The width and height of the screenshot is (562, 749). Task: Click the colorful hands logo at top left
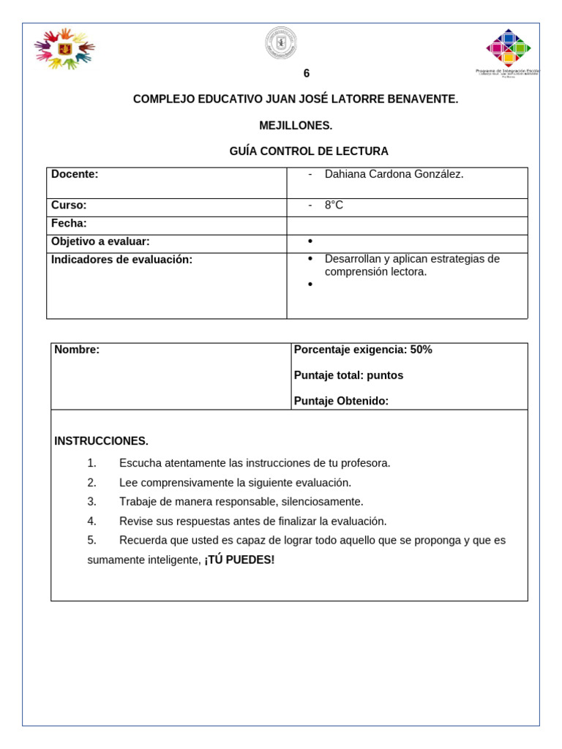(64, 48)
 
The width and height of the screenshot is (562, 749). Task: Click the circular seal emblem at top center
(281, 43)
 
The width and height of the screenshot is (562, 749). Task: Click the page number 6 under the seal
(307, 74)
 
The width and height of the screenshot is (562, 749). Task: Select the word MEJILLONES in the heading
(296, 126)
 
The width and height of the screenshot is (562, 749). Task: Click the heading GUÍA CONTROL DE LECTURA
(309, 151)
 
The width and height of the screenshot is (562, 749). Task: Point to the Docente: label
(75, 174)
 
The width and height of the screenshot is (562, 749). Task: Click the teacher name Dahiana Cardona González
(394, 174)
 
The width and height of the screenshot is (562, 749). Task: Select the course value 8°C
(334, 206)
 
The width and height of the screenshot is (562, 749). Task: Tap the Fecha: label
(69, 223)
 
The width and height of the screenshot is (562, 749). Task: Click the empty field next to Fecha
(407, 225)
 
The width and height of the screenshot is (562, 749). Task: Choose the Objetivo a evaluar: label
(100, 241)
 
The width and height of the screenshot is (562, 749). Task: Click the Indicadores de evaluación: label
(121, 260)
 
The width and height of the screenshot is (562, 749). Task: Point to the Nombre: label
(77, 350)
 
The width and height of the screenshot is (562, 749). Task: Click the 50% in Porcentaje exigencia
(421, 350)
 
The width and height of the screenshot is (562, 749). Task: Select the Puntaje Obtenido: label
(341, 401)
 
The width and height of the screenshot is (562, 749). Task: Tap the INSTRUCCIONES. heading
(101, 441)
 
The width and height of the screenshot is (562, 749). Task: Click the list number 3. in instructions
(91, 502)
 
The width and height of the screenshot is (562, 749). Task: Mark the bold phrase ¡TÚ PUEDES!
(239, 560)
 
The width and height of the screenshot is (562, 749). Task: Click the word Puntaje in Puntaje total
(313, 375)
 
